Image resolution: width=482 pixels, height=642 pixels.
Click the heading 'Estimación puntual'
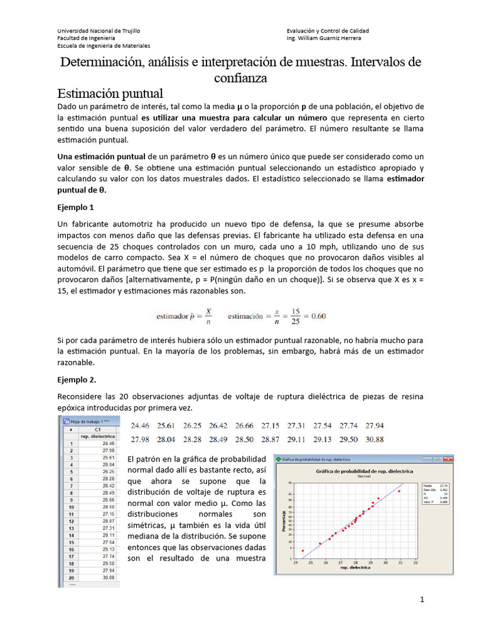coord(110,93)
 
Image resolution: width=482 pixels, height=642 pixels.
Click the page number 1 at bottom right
coord(422,600)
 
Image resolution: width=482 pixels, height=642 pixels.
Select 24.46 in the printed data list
coord(141,425)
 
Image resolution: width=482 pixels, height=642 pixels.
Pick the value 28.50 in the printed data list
coord(244,439)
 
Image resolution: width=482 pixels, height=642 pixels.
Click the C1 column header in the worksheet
coord(97,429)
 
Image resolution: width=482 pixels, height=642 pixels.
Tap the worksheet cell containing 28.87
coord(106,521)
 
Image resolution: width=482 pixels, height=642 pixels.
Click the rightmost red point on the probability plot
coord(399,491)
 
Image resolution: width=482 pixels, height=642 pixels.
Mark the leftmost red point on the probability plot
coord(303,550)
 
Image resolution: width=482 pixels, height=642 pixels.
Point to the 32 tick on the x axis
coord(416,562)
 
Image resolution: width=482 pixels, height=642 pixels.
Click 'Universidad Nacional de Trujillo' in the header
coord(99,31)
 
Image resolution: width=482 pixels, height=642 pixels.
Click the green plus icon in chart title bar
coord(279,460)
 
